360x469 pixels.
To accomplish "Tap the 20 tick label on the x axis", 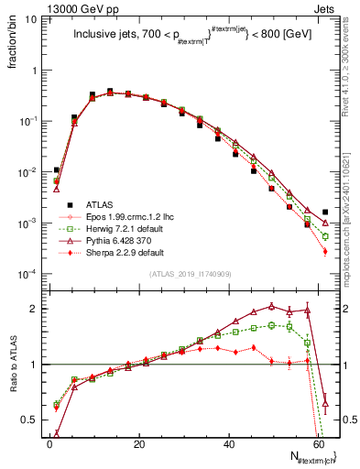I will [x=139, y=444].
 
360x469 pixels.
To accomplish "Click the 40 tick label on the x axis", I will [x=229, y=444].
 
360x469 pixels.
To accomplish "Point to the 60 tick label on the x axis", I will [x=319, y=444].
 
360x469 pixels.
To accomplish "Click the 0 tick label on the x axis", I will [x=49, y=444].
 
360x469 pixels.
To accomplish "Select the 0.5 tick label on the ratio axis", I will [x=31, y=420].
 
